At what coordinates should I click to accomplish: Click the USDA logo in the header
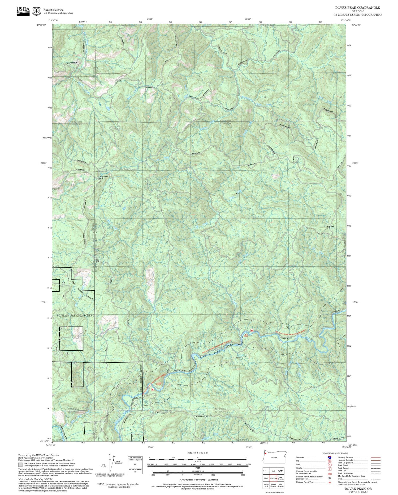tap(23, 11)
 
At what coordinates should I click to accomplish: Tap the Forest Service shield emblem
tap(36, 11)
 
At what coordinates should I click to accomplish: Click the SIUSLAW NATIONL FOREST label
tap(76, 316)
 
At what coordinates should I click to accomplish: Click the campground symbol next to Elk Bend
tap(252, 330)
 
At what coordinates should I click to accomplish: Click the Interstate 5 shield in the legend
tap(330, 457)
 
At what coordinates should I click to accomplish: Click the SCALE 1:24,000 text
tap(198, 453)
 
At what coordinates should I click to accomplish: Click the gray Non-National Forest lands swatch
tap(20, 465)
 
